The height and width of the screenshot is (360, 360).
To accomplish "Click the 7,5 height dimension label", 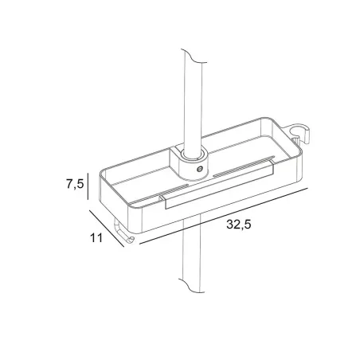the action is pyautogui.click(x=75, y=183).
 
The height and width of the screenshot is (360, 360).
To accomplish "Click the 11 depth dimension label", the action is pyautogui.click(x=96, y=237).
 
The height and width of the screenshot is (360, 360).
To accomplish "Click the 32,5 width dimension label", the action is pyautogui.click(x=238, y=225).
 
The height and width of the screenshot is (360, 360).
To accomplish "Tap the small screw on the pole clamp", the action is pyautogui.click(x=199, y=168).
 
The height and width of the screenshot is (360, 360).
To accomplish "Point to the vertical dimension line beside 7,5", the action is pyautogui.click(x=88, y=186).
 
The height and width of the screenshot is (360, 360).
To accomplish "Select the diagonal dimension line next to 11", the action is pyautogui.click(x=107, y=229).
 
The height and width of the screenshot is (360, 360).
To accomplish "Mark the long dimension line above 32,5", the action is pyautogui.click(x=224, y=216).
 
